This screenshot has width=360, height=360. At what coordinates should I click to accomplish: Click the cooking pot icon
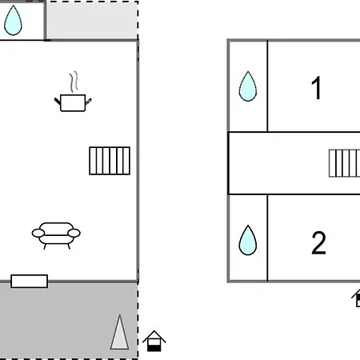point(73,103)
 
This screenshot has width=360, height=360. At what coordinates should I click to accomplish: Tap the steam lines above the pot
point(74,82)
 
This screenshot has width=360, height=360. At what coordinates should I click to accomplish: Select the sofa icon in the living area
point(56,235)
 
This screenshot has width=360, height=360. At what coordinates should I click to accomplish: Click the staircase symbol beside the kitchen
point(110,161)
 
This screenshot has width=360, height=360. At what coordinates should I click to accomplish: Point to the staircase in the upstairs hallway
point(344,163)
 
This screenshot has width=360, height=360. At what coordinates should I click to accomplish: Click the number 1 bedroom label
point(316,88)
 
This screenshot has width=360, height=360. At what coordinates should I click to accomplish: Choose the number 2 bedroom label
point(318,242)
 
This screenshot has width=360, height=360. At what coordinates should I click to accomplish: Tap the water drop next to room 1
point(248,86)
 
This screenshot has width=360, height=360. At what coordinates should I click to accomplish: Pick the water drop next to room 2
point(248,240)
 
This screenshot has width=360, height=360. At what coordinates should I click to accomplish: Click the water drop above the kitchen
point(13,20)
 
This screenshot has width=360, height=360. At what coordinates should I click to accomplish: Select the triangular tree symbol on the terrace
point(120,332)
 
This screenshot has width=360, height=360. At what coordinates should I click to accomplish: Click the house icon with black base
point(154,341)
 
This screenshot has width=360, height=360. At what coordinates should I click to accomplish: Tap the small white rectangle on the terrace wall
point(30,281)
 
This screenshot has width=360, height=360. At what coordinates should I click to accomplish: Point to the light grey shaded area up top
point(92,20)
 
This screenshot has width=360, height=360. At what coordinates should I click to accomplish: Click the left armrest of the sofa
point(38,233)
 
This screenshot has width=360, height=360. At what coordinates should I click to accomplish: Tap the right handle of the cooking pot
point(89,102)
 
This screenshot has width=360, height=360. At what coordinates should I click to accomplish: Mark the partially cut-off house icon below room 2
point(356,298)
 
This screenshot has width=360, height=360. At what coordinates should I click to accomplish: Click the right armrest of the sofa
point(74,233)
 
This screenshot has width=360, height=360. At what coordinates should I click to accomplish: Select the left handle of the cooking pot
point(58,102)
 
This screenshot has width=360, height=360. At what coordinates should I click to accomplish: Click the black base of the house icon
point(154,348)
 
